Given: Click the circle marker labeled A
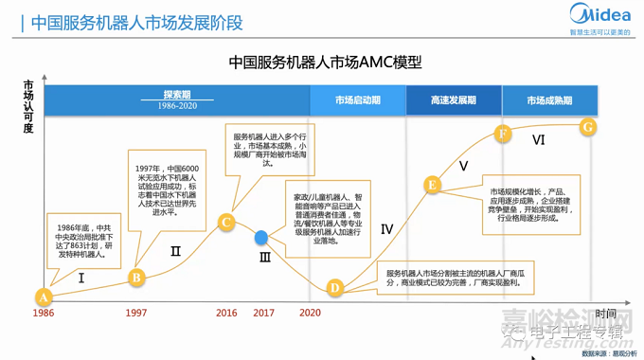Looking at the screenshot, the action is (43, 296).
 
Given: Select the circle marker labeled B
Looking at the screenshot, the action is (136, 278).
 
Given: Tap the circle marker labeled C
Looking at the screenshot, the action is (225, 223).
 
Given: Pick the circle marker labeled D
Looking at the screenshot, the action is (334, 288).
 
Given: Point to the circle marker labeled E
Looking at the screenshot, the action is (432, 185).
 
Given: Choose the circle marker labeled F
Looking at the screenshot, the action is (503, 134).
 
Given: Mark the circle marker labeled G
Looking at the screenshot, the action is (587, 126).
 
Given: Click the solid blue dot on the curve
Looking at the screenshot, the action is (262, 238).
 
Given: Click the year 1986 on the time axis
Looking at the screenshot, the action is (44, 313).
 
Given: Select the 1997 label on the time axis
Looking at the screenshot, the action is (136, 313).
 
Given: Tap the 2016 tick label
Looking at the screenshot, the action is (226, 313).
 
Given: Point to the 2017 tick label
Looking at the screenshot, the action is (263, 313).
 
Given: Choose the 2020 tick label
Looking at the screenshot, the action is (310, 313).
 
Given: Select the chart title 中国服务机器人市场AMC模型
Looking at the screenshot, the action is (325, 63).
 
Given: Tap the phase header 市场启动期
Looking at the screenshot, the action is (357, 100).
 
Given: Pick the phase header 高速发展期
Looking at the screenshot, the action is (454, 100).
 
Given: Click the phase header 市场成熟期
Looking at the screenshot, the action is (549, 100).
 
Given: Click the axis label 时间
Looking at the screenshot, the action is (606, 314).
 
